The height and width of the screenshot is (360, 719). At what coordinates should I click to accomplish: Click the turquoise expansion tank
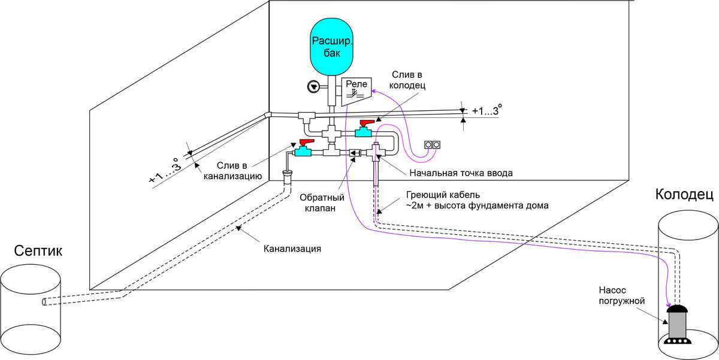(331, 47)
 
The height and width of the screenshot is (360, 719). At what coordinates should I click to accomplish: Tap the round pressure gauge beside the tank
(313, 87)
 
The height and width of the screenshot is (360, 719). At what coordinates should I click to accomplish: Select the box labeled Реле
(356, 91)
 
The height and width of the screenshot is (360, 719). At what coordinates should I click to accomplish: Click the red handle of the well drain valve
(367, 123)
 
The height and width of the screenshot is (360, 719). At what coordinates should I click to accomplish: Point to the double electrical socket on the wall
(432, 145)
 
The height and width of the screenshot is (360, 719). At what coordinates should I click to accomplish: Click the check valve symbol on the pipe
(355, 153)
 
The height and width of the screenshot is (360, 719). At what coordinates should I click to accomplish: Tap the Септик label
(38, 251)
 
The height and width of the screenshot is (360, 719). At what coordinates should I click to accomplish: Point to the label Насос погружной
(622, 295)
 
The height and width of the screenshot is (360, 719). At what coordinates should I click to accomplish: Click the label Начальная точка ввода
(461, 173)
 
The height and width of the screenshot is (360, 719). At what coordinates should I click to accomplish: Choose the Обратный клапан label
(322, 202)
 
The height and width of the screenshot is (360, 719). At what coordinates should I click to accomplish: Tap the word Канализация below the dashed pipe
(292, 249)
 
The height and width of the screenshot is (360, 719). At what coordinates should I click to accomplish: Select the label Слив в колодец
(407, 80)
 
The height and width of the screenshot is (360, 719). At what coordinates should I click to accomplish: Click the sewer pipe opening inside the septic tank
(44, 302)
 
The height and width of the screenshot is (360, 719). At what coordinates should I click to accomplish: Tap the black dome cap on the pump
(678, 308)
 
